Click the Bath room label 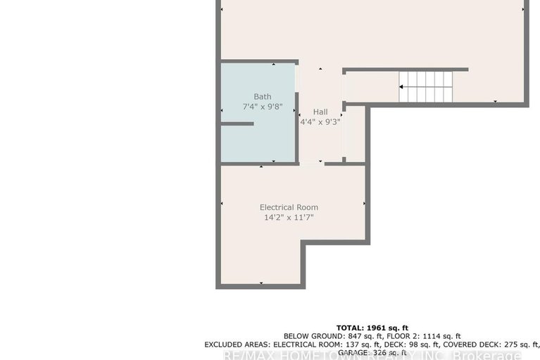click(x=263, y=97)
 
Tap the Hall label click(x=320, y=112)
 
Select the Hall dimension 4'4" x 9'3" click(x=320, y=122)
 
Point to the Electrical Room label click(x=289, y=207)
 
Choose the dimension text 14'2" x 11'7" click(x=289, y=218)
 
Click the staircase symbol click(x=426, y=87)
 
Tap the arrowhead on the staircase click(x=402, y=87)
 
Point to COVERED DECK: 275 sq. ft click(x=485, y=345)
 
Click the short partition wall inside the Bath click(x=237, y=124)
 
